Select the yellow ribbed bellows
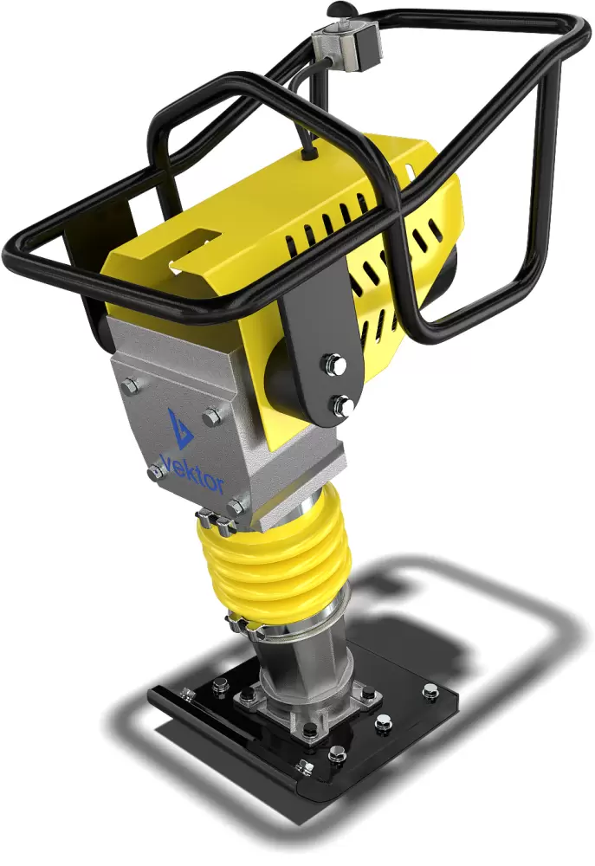tap(275, 559)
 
